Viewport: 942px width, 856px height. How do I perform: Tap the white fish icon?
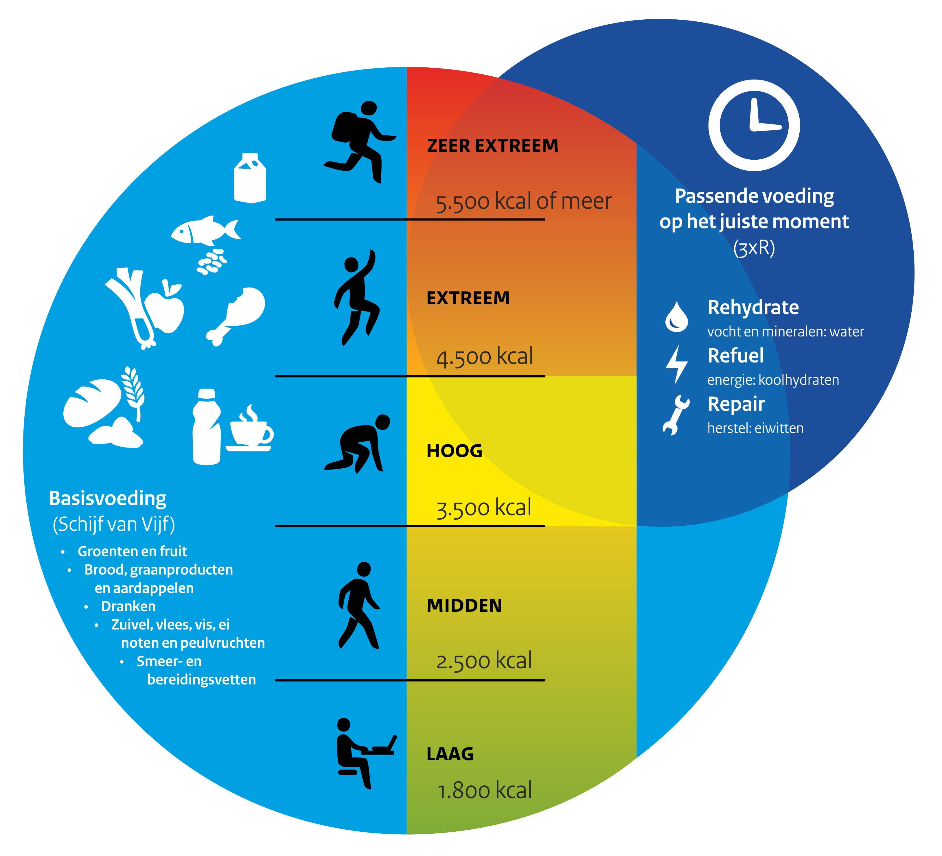[x=206, y=230]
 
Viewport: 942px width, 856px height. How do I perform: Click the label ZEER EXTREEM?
[x=492, y=146]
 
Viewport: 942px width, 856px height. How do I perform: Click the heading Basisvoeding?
[x=107, y=498]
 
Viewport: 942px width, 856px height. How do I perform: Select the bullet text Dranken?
[x=128, y=606]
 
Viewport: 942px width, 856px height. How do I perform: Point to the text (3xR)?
[x=754, y=248]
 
